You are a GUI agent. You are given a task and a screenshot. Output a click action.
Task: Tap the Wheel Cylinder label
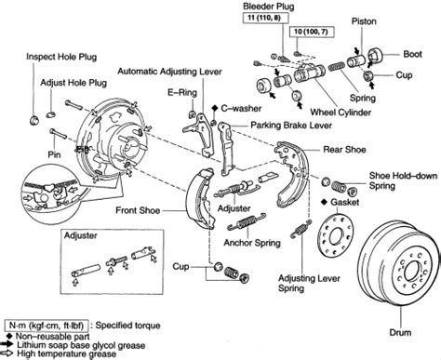click(341, 112)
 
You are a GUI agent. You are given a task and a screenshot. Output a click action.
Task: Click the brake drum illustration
click(399, 268)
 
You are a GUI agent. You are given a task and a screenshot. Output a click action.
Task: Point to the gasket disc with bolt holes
click(336, 236)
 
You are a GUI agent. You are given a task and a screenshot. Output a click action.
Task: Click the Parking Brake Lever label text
click(291, 126)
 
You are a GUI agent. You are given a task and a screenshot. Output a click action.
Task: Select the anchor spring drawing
click(247, 221)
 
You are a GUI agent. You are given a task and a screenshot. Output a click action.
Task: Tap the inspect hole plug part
click(34, 120)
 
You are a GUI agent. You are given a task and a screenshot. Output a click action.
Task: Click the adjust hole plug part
click(51, 114)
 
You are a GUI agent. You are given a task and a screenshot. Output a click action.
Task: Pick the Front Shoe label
click(138, 210)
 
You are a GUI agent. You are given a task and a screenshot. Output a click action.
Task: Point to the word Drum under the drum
click(400, 332)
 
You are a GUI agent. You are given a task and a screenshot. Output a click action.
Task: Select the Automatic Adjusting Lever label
click(169, 72)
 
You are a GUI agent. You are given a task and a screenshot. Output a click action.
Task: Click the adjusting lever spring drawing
click(301, 229)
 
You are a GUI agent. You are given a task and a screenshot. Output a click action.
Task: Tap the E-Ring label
click(182, 92)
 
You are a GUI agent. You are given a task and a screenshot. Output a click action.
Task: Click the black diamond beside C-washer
click(215, 108)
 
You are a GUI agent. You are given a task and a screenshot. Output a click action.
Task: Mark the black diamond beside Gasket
click(324, 202)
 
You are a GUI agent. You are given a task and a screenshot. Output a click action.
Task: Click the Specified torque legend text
click(127, 326)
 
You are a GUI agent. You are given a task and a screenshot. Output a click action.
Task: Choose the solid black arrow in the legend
click(7, 344)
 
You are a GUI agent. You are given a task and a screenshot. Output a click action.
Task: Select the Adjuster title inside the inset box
click(81, 235)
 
